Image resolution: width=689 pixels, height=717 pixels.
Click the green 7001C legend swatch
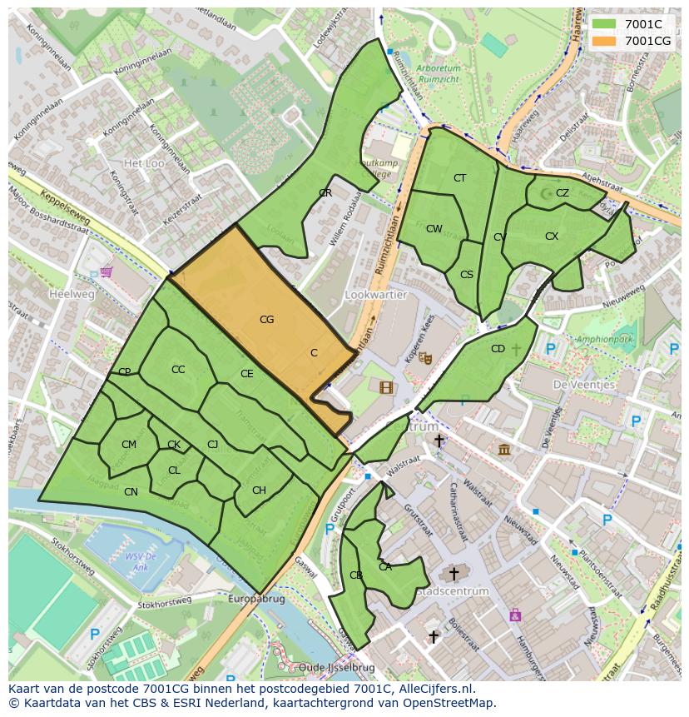point(604,24)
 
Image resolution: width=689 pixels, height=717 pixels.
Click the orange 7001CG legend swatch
point(604,40)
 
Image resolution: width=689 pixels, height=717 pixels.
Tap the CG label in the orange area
point(266,319)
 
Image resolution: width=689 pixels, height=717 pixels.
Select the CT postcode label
point(459,178)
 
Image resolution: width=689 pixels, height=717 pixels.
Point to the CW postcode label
point(434,229)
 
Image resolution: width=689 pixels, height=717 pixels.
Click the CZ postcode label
point(563,193)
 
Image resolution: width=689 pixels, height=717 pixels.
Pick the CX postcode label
point(552,237)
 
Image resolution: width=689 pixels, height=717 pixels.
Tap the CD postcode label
point(498,349)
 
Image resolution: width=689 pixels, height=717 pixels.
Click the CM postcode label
point(128,445)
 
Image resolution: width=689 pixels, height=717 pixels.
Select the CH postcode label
point(259,490)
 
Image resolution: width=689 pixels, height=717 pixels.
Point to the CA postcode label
point(384,567)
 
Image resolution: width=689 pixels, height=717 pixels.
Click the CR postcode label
point(325,193)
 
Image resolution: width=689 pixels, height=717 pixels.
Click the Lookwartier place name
point(375,295)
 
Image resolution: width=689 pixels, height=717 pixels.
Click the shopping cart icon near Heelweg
point(106,271)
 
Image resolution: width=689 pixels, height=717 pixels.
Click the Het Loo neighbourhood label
point(143,163)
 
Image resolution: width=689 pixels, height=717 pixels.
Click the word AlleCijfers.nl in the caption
point(434,689)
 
